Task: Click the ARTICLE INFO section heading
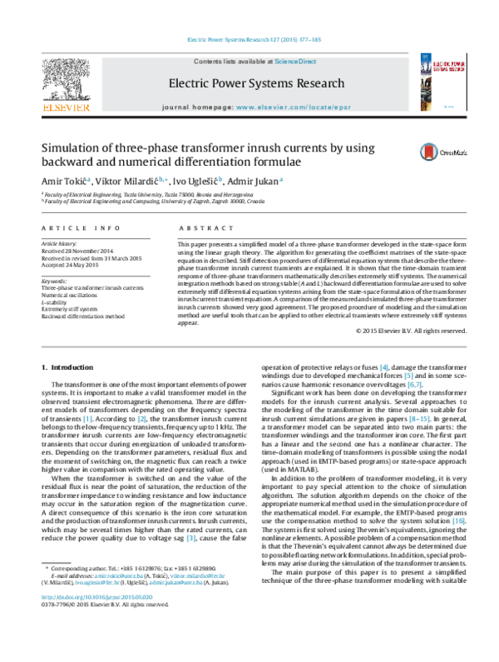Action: (79, 227)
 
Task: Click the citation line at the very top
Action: (249, 39)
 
